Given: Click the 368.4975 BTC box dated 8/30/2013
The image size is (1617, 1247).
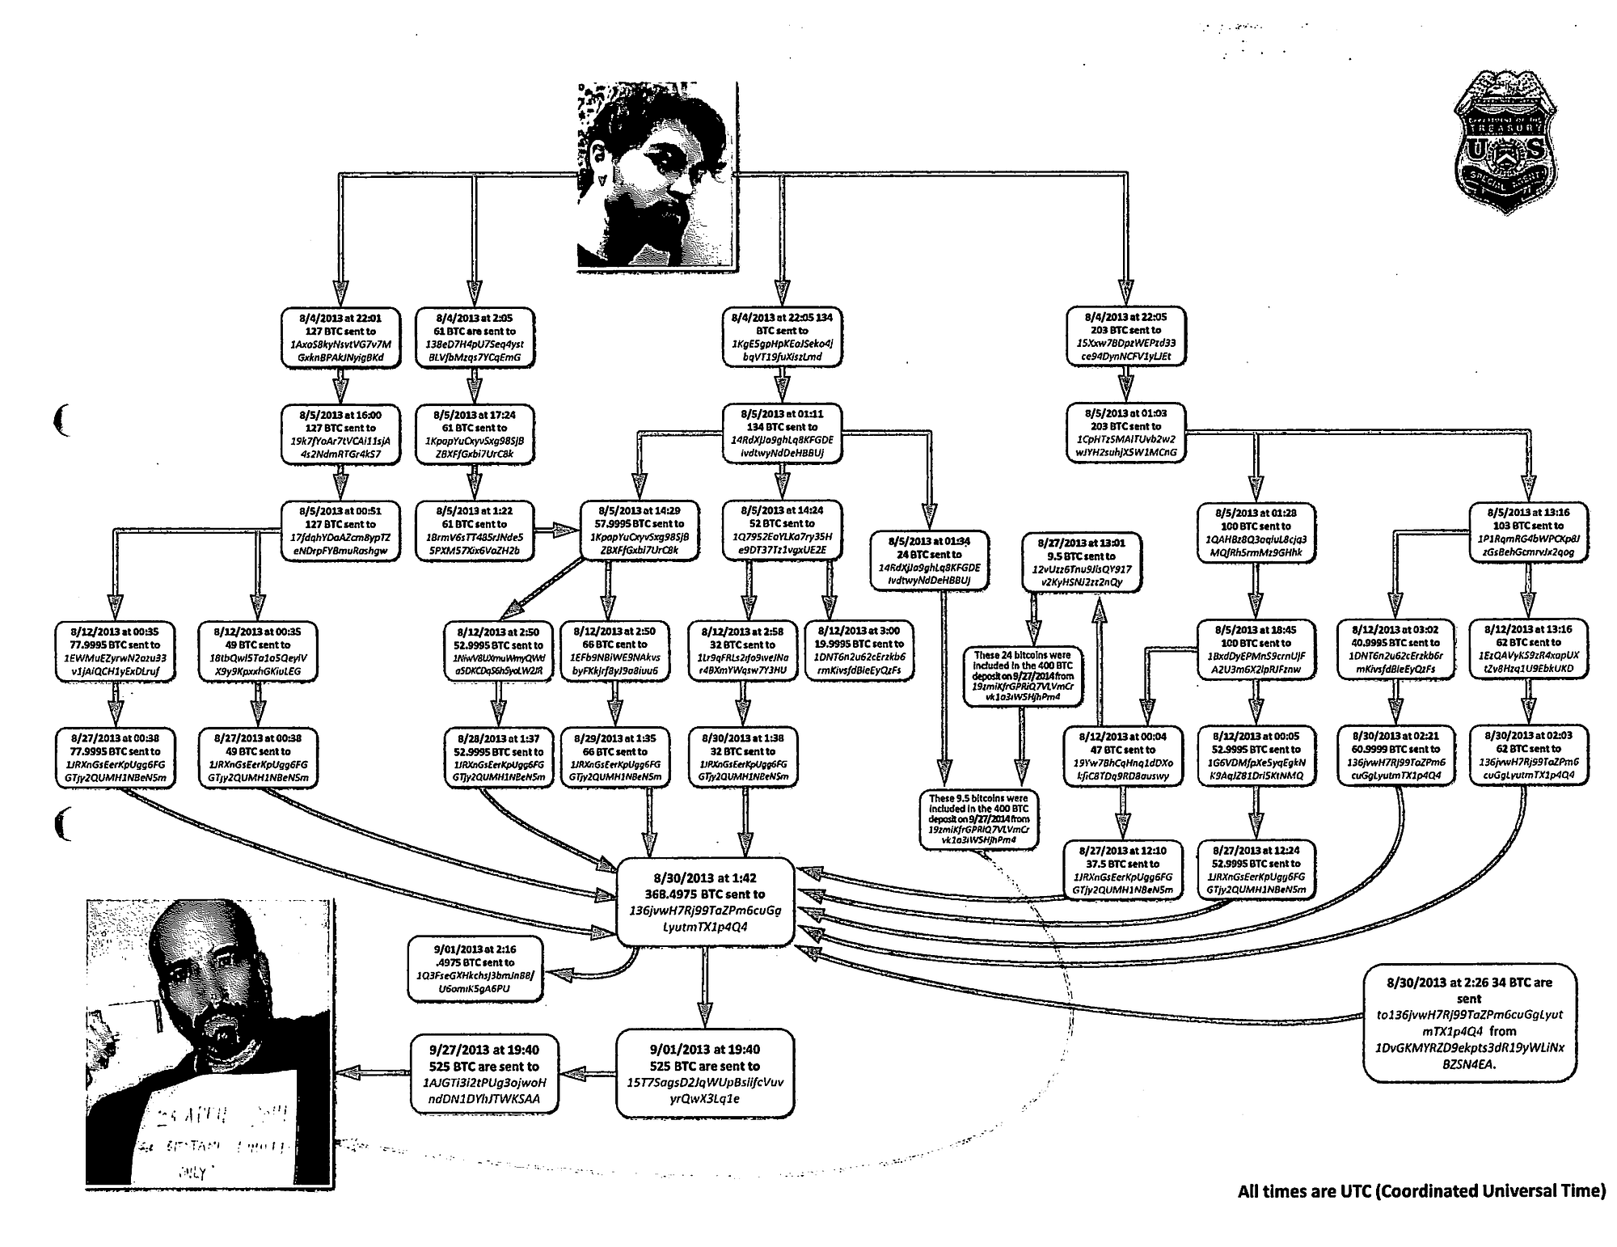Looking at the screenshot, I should (705, 902).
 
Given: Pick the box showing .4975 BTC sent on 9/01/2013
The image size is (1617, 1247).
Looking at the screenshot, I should (475, 969).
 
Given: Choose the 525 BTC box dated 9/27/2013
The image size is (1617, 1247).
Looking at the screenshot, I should (485, 1075).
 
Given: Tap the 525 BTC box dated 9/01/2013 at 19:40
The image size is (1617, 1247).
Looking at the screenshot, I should (705, 1074).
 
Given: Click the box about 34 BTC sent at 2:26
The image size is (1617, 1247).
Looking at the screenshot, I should (1469, 1022).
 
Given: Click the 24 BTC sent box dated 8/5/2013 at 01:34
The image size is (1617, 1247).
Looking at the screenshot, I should (928, 561).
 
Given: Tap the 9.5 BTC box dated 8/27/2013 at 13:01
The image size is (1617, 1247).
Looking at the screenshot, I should (1081, 562).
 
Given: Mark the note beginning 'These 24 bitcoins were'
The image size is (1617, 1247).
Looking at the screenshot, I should (1022, 675).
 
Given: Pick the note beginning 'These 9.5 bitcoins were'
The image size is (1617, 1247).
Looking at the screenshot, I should (978, 819).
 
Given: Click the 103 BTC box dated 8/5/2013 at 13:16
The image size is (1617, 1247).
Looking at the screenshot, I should (1528, 532).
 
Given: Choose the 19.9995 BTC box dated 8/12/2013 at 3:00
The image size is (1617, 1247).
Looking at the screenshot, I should (860, 650).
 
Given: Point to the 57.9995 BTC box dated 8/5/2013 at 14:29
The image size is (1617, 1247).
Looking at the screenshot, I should (640, 531).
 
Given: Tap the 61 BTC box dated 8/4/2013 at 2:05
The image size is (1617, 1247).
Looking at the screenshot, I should (475, 337).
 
